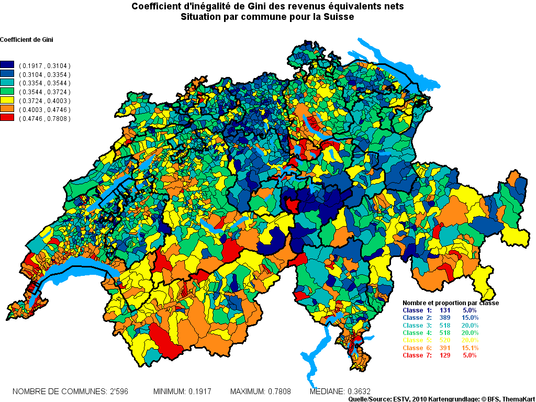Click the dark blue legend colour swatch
coord(7,65)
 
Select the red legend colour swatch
coord(7,119)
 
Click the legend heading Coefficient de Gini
coord(27,40)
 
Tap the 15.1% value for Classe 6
coord(469,348)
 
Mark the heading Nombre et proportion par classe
coord(450,303)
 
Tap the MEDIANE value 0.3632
coord(360,392)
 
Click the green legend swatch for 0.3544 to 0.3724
coord(7,92)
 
